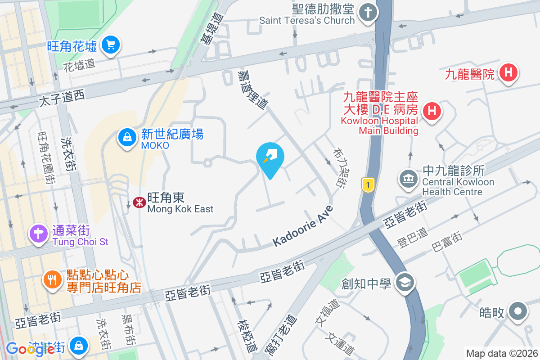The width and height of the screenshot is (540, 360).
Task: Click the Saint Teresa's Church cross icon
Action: [x=368, y=13]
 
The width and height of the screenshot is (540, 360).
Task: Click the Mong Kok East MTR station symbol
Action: [x=139, y=203]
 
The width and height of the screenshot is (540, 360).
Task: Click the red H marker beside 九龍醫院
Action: [x=508, y=72]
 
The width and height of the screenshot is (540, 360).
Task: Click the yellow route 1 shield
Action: [x=368, y=184]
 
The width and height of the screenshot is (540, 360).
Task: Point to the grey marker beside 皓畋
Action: [x=518, y=311]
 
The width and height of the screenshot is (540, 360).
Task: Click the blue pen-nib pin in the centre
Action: [x=270, y=157]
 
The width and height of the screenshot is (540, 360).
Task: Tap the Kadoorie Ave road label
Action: [x=303, y=226]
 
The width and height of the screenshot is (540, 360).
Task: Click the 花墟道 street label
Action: [x=79, y=64]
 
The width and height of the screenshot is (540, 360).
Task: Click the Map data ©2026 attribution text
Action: [x=502, y=353]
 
